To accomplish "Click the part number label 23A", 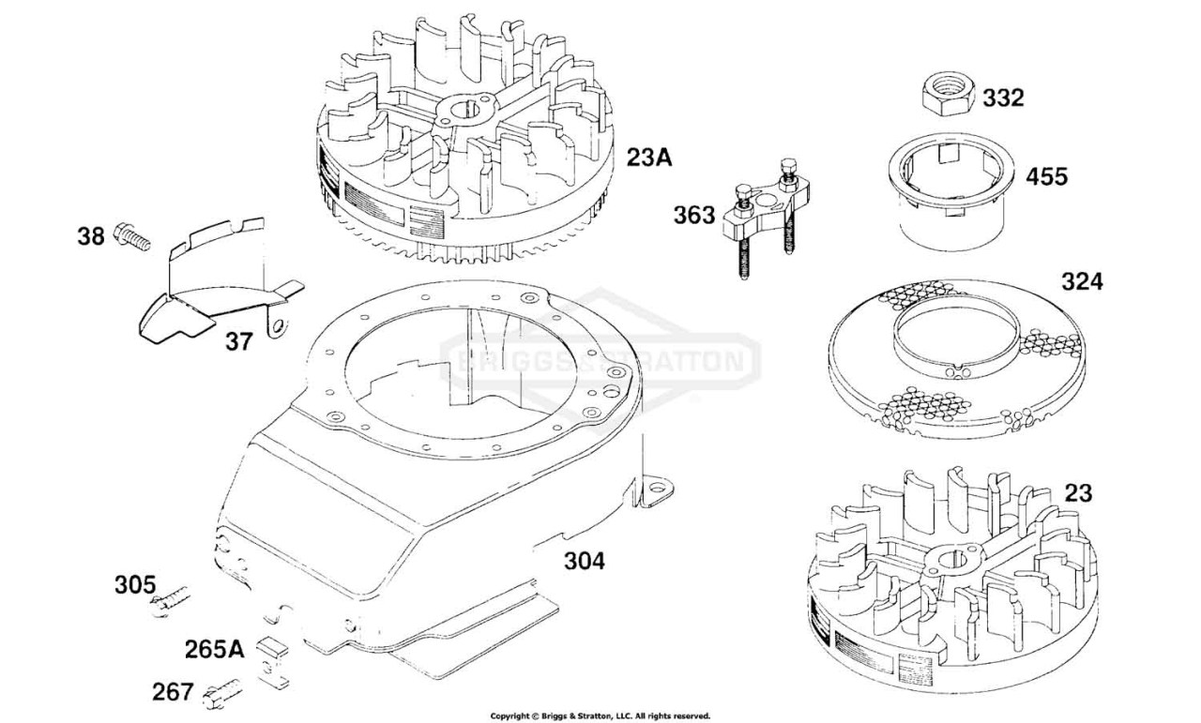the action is pos(648,158).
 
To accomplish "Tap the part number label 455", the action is pos(1046,177).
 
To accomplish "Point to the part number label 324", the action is pos(1083,282).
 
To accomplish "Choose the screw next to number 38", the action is pos(132,236).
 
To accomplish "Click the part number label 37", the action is pos(238,341).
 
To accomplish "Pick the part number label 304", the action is pos(585,561).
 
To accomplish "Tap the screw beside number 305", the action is pos(170,601).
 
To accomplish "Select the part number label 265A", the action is pos(215,650).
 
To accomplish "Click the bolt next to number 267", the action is pos(222,694).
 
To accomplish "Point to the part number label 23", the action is pos(1078,493).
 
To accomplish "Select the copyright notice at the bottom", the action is pos(600,716).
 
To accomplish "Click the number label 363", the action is pos(694,216).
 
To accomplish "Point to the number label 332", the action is pos(1003,98).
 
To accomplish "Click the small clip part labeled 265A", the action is pos(273,662).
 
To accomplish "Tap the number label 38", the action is pos(91,236).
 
